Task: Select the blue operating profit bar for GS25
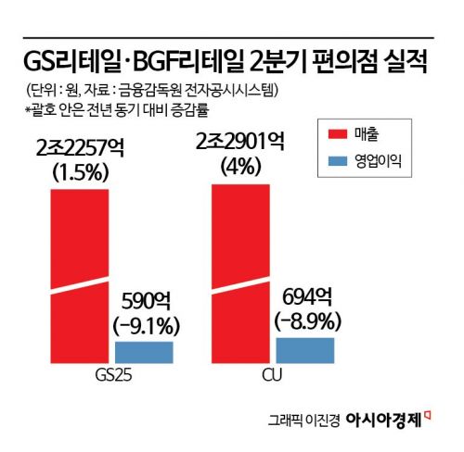(x=144, y=352)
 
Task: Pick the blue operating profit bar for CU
(x=305, y=349)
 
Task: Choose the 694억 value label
(x=306, y=296)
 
